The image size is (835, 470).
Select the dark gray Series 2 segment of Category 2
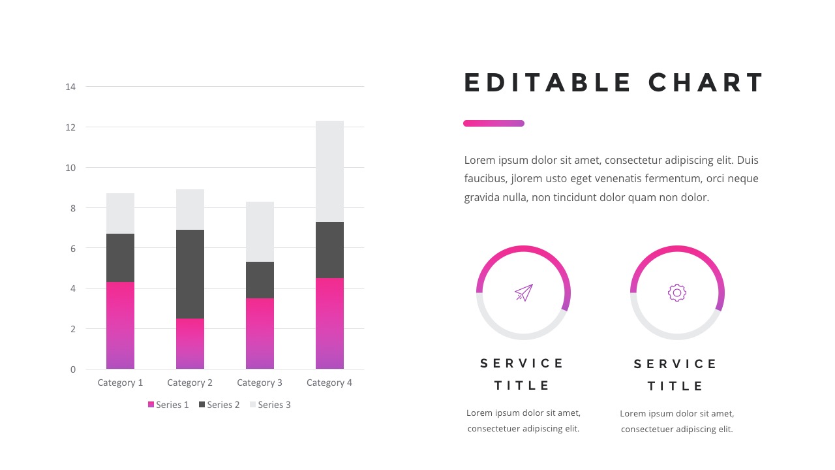point(190,274)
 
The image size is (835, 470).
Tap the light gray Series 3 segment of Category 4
point(329,171)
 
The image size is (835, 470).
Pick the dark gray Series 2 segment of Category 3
point(260,280)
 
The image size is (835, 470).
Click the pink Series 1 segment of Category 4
point(329,323)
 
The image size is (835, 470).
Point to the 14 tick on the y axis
point(70,87)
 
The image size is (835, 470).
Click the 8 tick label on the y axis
point(72,208)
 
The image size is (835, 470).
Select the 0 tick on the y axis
point(72,369)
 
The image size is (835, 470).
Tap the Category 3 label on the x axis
point(260,383)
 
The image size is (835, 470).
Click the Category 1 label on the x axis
point(120,383)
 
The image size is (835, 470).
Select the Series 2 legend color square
point(202,405)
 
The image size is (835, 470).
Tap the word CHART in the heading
point(706,84)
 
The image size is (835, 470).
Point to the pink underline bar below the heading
point(494,123)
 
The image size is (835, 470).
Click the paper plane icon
point(524,292)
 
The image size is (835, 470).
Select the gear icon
point(677,293)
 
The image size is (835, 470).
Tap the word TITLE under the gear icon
point(676,386)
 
